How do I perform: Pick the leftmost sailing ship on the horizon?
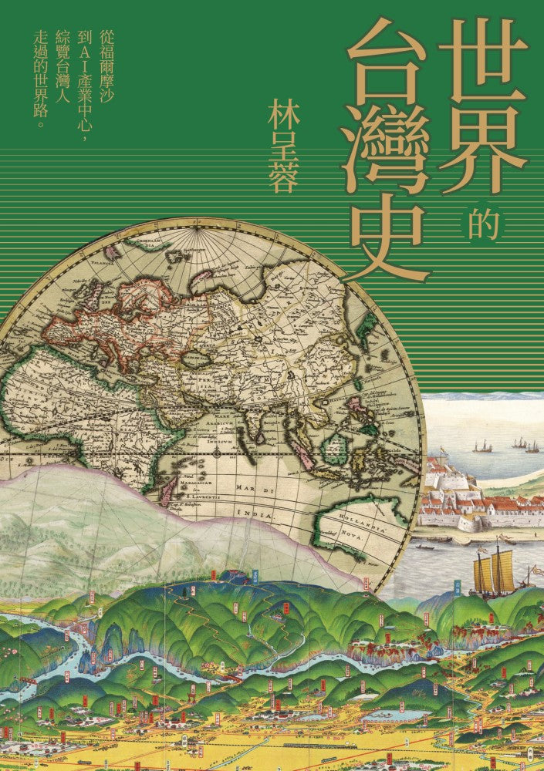coord(482,446)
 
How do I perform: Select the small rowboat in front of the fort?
coord(423,545)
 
